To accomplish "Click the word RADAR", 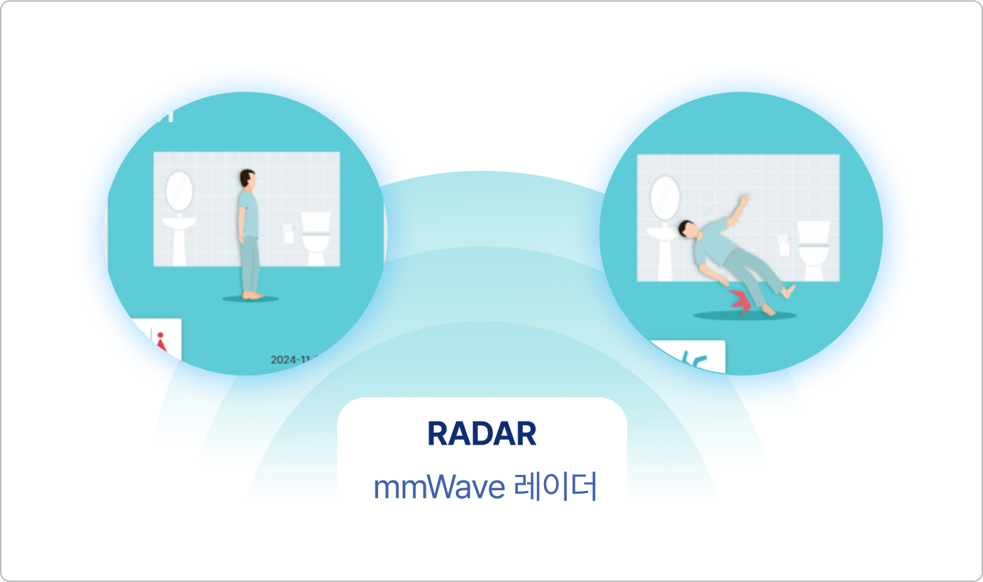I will click(x=482, y=434).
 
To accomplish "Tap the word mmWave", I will click(x=439, y=487).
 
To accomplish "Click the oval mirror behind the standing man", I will click(x=179, y=190).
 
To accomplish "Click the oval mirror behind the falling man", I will click(x=665, y=197).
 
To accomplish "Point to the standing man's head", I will click(x=246, y=179).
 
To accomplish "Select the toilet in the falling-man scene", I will click(x=812, y=245).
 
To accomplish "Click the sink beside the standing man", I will click(x=179, y=238).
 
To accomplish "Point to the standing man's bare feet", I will click(x=252, y=295).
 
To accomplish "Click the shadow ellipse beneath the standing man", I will click(x=251, y=299).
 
